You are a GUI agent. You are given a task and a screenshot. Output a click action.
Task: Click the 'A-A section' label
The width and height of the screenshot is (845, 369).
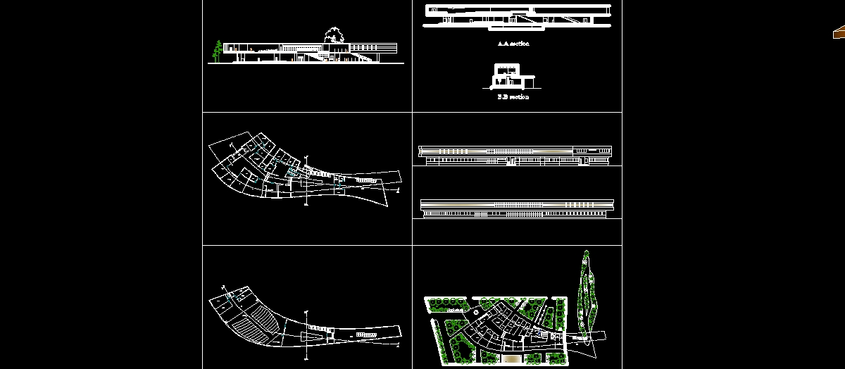pos(513,44)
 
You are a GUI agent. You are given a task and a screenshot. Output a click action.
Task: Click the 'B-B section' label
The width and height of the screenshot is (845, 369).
pos(513,97)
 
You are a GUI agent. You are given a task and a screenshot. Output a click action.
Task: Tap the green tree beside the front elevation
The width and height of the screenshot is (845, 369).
pos(218,51)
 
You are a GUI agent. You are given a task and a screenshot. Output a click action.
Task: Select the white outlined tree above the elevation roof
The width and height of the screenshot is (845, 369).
pos(334,34)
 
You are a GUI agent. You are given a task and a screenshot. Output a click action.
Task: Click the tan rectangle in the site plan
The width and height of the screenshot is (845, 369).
pos(512,360)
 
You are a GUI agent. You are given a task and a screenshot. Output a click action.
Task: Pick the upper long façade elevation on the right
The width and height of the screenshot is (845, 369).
pos(514,155)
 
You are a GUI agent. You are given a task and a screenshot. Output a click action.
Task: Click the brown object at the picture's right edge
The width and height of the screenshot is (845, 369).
pos(839,32)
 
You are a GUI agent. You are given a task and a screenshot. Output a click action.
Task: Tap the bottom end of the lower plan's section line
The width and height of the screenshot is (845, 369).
pos(307,360)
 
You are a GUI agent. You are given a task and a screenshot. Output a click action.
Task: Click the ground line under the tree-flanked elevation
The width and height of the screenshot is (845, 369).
pos(306,64)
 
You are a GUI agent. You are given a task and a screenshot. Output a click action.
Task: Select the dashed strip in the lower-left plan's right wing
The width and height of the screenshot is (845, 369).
pos(365,334)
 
